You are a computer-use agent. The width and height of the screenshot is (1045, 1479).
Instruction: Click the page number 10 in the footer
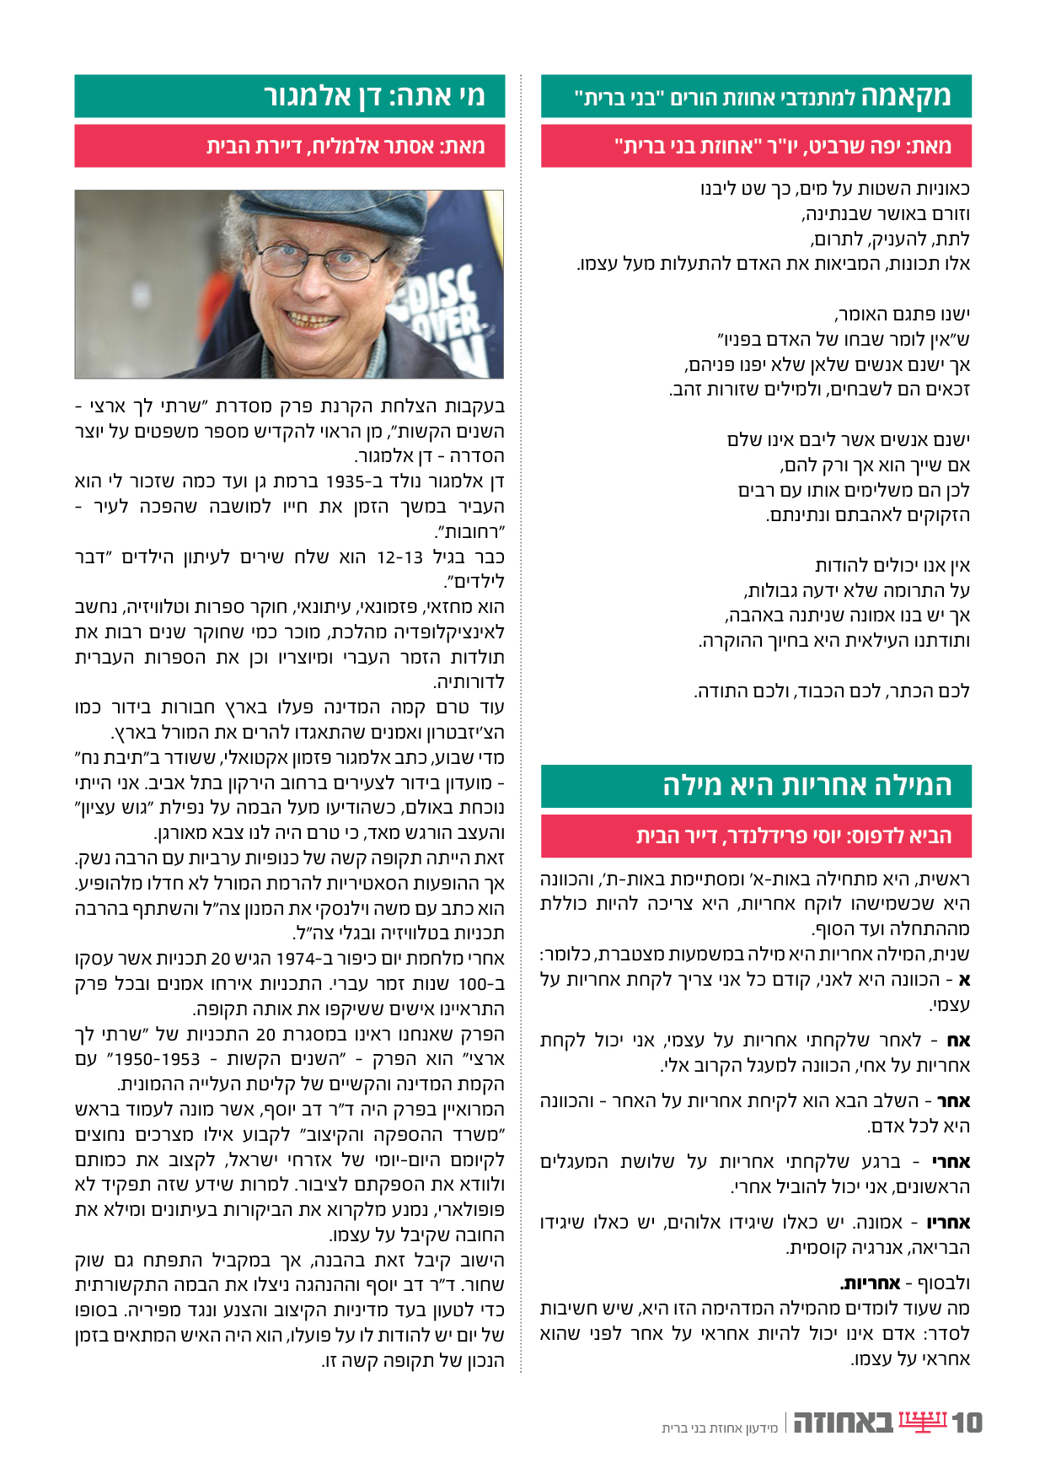coord(967,1423)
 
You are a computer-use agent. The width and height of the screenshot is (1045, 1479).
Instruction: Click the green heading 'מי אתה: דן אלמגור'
coord(374,96)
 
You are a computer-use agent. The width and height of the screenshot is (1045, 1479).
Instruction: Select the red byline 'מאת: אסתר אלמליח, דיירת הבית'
coord(346,147)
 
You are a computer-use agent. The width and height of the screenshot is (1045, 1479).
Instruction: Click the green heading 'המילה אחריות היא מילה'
coord(807,786)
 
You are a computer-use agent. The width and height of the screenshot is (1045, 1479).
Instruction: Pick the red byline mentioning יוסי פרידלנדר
coord(793,836)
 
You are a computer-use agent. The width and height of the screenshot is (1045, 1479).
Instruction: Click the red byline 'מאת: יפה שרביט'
coord(783,147)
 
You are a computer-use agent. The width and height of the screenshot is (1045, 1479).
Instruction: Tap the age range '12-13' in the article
coord(399,557)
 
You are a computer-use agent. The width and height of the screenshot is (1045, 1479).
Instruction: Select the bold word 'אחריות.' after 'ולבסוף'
coord(871,1283)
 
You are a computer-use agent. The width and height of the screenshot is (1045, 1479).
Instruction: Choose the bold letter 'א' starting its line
coord(964,980)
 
